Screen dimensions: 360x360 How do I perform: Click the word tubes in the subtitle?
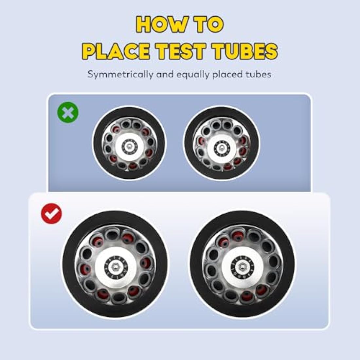point(258,74)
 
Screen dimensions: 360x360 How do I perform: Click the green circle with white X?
point(68,112)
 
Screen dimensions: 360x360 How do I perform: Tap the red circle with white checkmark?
point(51,213)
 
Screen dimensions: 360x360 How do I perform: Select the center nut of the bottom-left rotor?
point(115,266)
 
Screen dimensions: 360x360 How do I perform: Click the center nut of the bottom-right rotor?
point(241,266)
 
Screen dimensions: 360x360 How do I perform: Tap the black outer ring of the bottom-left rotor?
point(69,264)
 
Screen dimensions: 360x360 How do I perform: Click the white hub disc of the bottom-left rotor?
point(101,266)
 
